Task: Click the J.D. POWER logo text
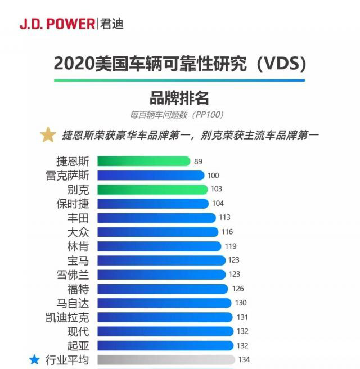click(x=57, y=24)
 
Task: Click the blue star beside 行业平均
click(x=34, y=359)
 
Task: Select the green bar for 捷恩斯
click(x=143, y=161)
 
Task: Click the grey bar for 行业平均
click(x=166, y=359)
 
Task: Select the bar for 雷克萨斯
click(x=151, y=175)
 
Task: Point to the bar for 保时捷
click(x=153, y=204)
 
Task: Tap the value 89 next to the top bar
click(x=198, y=161)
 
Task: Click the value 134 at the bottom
click(x=244, y=359)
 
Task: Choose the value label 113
click(x=225, y=218)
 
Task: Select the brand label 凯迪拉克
click(x=66, y=317)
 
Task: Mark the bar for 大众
click(x=157, y=232)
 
